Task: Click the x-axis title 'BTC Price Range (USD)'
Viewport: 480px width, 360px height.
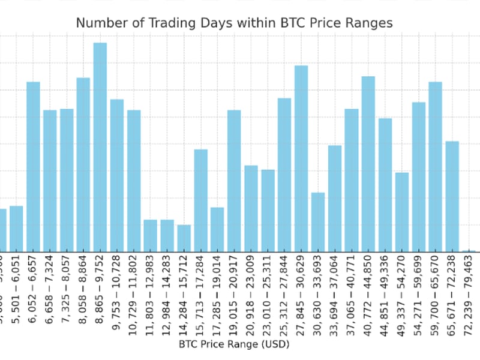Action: [x=234, y=344]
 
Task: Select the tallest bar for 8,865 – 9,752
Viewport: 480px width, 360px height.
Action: [x=100, y=147]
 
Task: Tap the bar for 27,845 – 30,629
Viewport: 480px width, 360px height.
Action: [x=301, y=158]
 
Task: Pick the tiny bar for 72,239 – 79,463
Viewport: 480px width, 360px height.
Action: [x=469, y=250]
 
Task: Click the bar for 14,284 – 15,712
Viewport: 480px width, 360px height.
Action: [x=184, y=238]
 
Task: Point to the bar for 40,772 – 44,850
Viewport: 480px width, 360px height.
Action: [x=368, y=164]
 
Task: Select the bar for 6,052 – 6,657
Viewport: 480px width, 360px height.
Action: [x=33, y=167]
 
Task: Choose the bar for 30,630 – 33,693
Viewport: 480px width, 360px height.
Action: [x=318, y=222]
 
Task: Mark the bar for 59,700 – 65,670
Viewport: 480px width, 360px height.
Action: [x=435, y=167]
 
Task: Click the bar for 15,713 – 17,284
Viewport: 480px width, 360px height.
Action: [x=201, y=200]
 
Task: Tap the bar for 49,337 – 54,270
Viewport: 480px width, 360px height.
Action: [x=402, y=212]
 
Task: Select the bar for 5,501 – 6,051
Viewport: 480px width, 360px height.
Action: [x=16, y=229]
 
